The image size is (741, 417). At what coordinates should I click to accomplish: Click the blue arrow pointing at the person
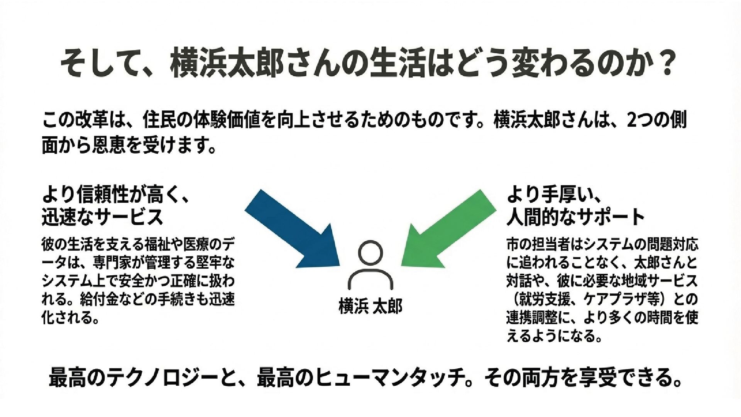pyautogui.click(x=297, y=232)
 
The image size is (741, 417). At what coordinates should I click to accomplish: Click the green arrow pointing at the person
pyautogui.click(x=444, y=232)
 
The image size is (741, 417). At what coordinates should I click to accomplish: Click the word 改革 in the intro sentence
pyautogui.click(x=87, y=121)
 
